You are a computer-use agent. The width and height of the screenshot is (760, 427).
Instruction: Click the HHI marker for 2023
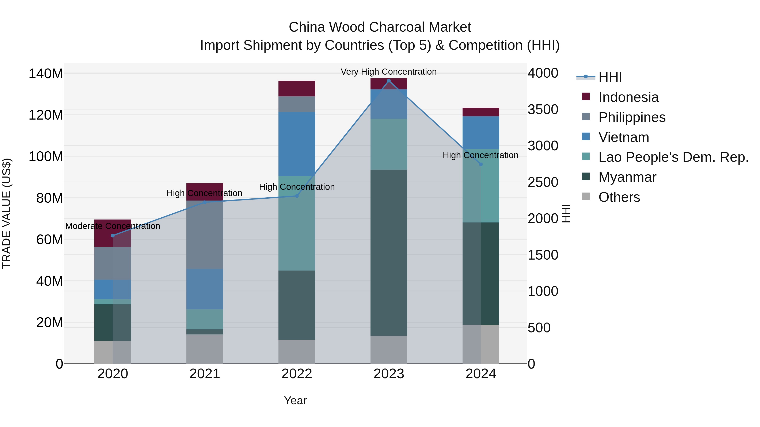coord(389,81)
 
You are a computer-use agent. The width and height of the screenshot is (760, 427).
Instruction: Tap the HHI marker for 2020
coord(113,236)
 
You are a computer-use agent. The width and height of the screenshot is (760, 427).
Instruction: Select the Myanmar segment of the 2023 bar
coord(389,253)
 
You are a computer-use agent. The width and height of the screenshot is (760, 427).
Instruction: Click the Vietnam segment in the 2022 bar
coord(297,144)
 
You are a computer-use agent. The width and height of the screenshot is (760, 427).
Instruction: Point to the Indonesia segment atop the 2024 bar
coord(481,112)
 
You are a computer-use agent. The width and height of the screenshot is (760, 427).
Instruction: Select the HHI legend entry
coord(610,77)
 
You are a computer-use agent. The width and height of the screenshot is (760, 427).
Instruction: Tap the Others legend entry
coord(619,197)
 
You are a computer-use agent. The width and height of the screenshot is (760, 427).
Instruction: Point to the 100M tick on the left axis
coord(46,156)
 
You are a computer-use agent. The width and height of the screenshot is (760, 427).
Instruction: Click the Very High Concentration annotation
coord(389,72)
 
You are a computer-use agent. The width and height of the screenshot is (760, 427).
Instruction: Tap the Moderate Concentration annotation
coord(113,226)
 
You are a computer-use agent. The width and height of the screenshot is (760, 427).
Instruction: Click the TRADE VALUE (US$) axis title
coord(7,213)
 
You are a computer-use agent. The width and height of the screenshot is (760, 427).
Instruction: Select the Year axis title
coord(295,400)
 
